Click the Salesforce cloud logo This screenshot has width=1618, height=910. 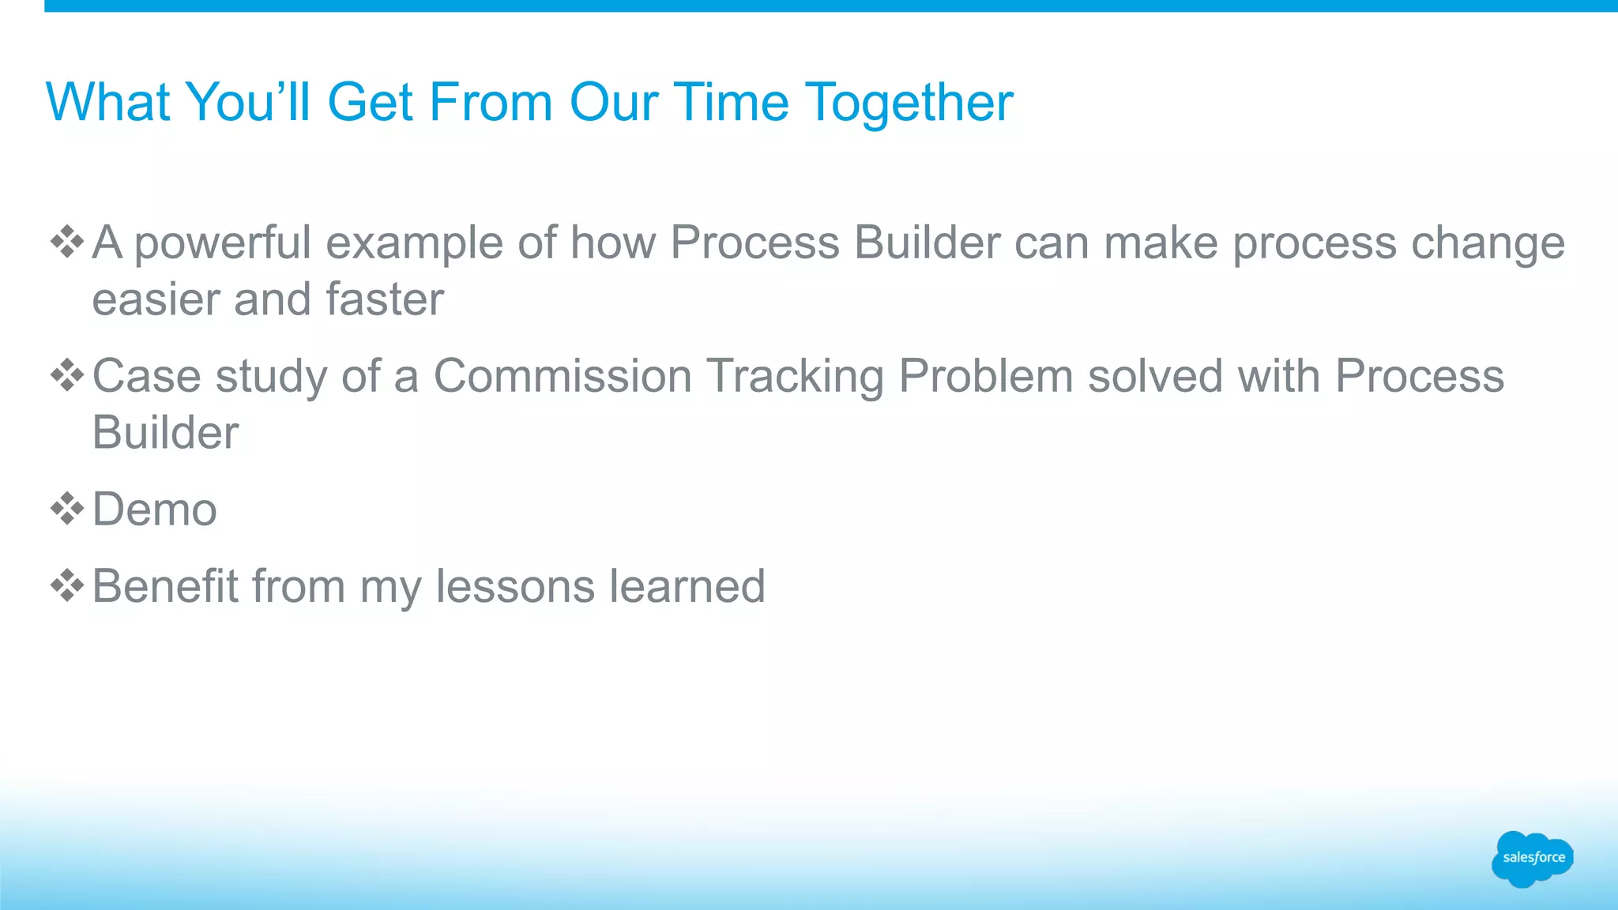click(x=1532, y=859)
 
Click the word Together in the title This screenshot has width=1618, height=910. click(x=909, y=103)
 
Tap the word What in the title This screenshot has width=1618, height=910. click(x=107, y=103)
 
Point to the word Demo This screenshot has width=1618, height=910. click(x=154, y=510)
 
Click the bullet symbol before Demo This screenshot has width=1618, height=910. click(x=67, y=509)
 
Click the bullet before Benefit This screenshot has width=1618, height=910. click(x=67, y=586)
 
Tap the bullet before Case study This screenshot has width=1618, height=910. click(x=67, y=375)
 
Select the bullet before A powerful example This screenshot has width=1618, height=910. click(x=67, y=242)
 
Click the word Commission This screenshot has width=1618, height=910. click(x=563, y=376)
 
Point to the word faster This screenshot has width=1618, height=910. click(x=385, y=299)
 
